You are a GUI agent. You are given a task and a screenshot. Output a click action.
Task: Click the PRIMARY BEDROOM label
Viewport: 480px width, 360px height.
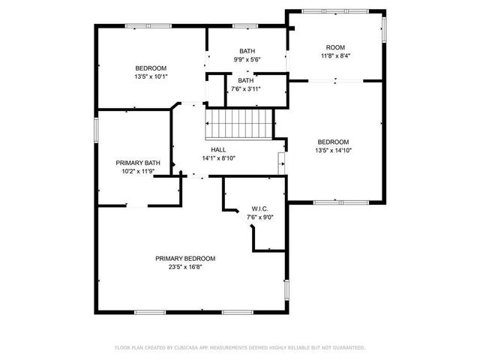point(185,258)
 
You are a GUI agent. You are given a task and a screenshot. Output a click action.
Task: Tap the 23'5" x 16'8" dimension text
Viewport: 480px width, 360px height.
point(185,266)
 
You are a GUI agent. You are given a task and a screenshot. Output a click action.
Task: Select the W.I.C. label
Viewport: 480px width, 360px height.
point(260,208)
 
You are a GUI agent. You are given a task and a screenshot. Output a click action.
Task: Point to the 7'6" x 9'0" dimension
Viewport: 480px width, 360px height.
point(260,217)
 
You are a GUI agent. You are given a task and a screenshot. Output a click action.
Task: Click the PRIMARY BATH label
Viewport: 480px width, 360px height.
point(138,163)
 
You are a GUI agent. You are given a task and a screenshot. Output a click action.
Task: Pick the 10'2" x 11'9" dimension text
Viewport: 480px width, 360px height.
point(138,171)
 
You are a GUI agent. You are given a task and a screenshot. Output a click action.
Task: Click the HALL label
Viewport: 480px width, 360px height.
point(218,149)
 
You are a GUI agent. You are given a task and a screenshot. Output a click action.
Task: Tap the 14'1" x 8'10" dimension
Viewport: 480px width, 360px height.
point(218,157)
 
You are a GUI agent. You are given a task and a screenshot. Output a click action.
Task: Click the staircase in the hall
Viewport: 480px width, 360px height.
point(238,123)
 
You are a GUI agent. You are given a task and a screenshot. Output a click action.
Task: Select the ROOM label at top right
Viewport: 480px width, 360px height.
point(334,46)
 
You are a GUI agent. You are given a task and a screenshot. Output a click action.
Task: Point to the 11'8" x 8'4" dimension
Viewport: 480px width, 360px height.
point(334,55)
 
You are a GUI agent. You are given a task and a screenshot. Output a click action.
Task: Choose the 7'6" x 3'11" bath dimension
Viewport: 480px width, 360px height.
point(246,88)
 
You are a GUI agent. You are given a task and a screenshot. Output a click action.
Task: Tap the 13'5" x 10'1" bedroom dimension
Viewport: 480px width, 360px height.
point(151,76)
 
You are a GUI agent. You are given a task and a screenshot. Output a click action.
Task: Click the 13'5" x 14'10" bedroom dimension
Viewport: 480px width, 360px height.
point(333,150)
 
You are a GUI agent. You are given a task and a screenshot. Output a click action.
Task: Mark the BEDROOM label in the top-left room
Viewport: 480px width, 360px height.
point(151,67)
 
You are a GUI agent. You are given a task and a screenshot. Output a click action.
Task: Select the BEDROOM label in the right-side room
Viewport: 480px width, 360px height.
point(333,142)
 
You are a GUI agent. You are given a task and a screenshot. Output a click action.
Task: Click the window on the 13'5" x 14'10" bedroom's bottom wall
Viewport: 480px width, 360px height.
point(335,202)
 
